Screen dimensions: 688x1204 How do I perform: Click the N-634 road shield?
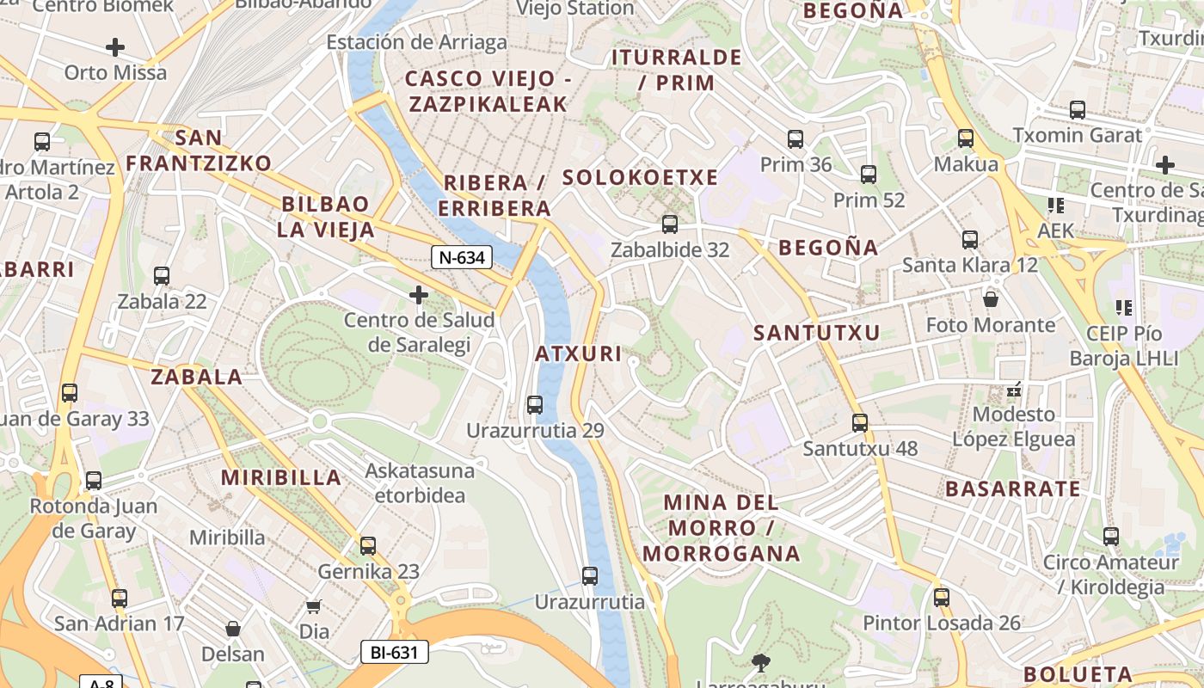point(461,256)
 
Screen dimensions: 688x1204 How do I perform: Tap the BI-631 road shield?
point(394,652)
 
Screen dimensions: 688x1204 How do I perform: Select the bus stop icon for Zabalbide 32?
point(669,224)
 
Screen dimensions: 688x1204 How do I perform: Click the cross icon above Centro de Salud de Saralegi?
point(419,295)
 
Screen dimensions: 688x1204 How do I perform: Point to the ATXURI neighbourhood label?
point(578,353)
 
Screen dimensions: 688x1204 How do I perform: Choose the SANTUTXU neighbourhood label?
point(816,333)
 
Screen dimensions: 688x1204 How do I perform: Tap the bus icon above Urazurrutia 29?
point(535,404)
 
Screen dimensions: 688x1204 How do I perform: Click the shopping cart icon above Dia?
point(314,607)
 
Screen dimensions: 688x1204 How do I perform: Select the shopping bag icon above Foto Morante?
point(991,299)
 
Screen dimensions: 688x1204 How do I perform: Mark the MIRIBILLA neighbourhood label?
point(281,477)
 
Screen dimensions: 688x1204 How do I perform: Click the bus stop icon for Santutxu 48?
point(860,423)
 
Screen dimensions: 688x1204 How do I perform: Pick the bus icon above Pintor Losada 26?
point(942,597)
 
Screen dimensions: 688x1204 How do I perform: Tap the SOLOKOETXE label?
point(640,177)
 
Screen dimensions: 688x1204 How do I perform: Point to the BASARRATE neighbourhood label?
point(1012,489)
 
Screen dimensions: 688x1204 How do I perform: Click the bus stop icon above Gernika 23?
point(368,545)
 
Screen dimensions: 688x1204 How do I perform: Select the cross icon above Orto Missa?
point(115,46)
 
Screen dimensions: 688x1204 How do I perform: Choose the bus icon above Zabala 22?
point(162,276)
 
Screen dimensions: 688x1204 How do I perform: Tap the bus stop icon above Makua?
point(966,138)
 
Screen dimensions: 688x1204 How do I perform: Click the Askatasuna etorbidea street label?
point(420,482)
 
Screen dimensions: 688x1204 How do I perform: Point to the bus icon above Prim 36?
point(795,138)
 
